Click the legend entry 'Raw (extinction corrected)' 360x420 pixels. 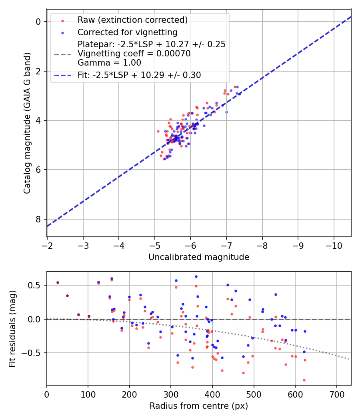click(132, 20)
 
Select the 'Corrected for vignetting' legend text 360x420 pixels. click(127, 32)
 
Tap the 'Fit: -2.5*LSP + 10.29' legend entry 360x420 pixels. click(139, 75)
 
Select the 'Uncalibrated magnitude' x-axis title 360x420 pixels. click(199, 257)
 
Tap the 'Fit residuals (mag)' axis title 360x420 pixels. click(12, 329)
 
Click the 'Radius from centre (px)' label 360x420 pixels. click(199, 406)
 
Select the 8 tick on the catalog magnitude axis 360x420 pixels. click(38, 219)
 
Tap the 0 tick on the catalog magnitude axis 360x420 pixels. click(38, 22)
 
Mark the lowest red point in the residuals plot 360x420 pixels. click(304, 380)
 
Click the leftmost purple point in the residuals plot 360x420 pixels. click(58, 282)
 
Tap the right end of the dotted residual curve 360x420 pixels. click(349, 359)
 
